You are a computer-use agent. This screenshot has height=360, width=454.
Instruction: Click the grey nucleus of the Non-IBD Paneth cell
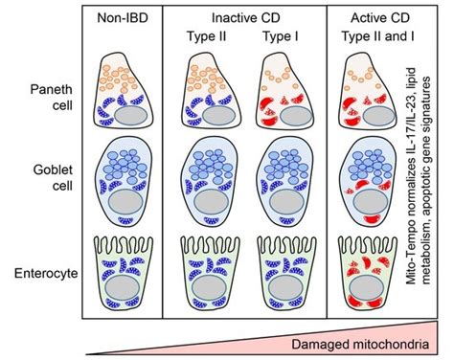126,115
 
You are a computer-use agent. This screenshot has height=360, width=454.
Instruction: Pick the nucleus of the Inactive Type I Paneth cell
287,115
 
